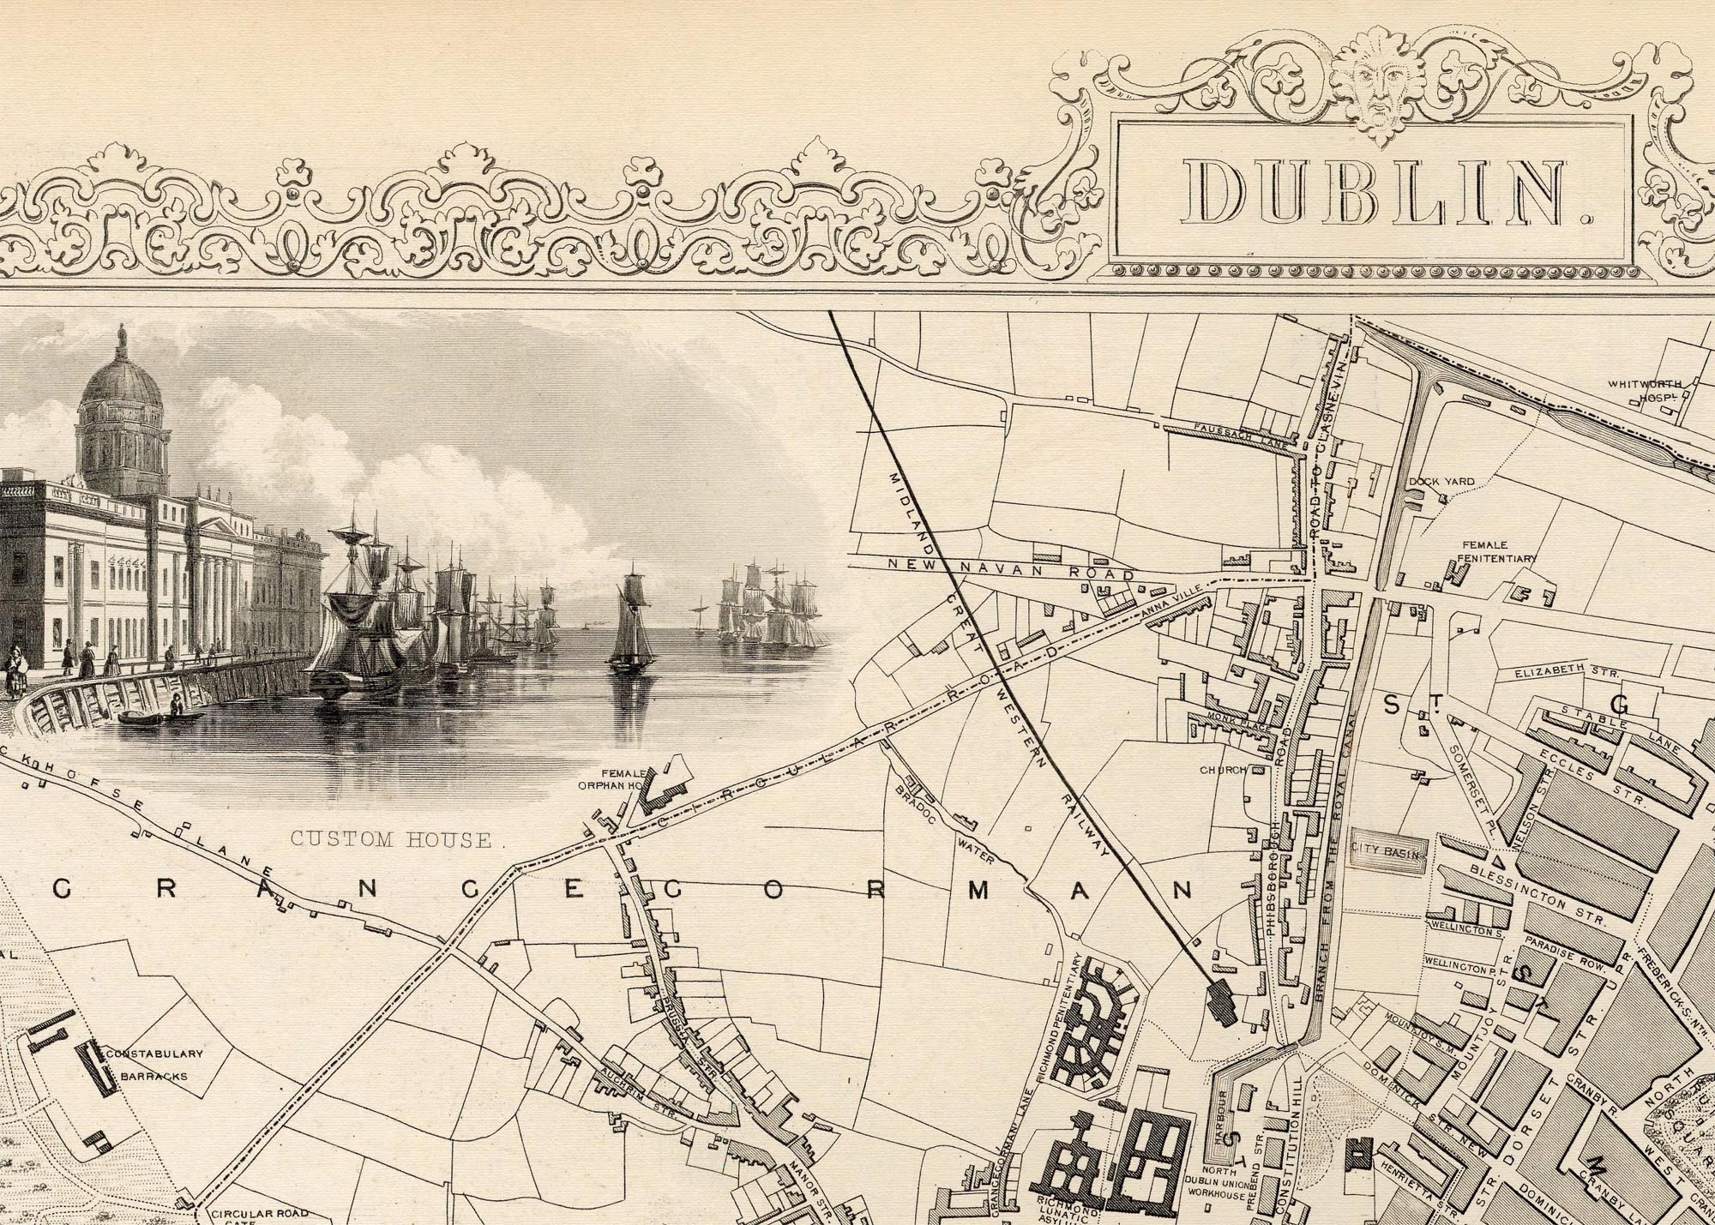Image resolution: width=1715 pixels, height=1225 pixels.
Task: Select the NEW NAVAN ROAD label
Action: pyautogui.click(x=1012, y=566)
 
